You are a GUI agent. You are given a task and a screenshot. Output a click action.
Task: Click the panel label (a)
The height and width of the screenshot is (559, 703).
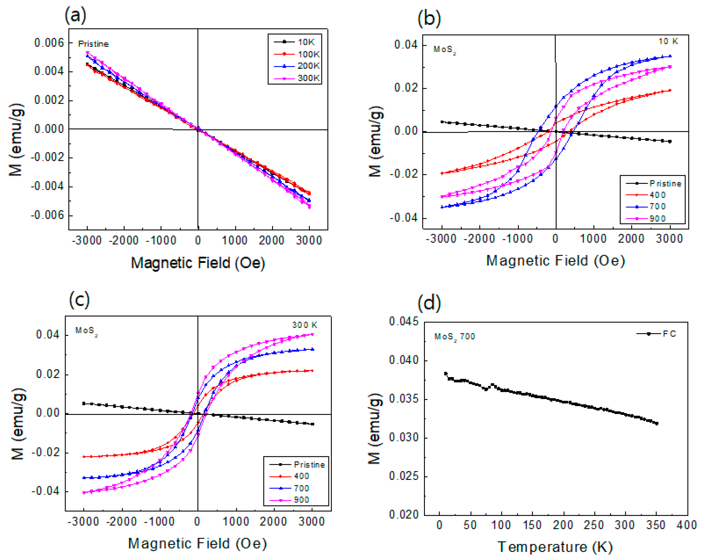pyautogui.click(x=75, y=15)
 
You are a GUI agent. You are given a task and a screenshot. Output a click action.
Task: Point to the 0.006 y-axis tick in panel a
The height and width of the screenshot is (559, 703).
pyautogui.click(x=49, y=43)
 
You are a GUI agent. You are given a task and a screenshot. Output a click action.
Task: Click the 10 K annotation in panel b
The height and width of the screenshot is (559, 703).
pyautogui.click(x=668, y=41)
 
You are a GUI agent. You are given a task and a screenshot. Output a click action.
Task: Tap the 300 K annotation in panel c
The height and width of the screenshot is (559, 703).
pyautogui.click(x=304, y=325)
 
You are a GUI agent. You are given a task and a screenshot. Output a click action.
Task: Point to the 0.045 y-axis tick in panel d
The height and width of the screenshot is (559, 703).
pyautogui.click(x=403, y=322)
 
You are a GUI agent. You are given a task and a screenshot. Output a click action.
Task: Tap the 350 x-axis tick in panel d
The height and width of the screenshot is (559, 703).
pyautogui.click(x=656, y=525)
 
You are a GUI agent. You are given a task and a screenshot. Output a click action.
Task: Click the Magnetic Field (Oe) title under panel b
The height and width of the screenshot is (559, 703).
pyautogui.click(x=555, y=261)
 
